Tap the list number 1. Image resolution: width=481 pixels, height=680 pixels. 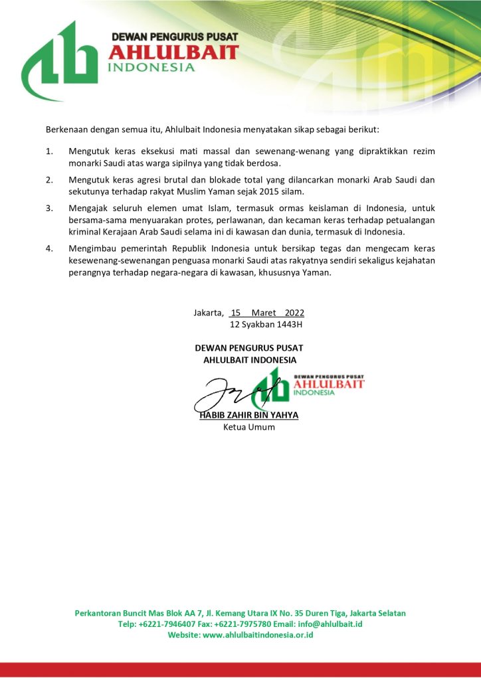click(x=48, y=151)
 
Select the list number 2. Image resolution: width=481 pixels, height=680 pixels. click(x=48, y=180)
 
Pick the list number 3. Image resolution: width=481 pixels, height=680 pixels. click(x=48, y=208)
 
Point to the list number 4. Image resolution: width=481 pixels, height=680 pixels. click(x=48, y=249)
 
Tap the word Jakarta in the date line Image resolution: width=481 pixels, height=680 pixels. click(x=209, y=312)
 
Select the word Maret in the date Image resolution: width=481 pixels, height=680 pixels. click(x=264, y=312)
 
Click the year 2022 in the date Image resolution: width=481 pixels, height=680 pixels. click(x=294, y=312)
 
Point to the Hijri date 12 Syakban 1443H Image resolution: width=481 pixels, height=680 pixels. click(x=266, y=325)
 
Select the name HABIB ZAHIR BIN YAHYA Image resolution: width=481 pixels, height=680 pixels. click(x=249, y=415)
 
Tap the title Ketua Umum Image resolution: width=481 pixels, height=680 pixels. click(x=248, y=427)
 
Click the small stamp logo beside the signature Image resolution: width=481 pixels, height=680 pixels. click(x=312, y=385)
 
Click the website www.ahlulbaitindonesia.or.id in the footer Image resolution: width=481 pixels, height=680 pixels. click(x=258, y=635)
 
